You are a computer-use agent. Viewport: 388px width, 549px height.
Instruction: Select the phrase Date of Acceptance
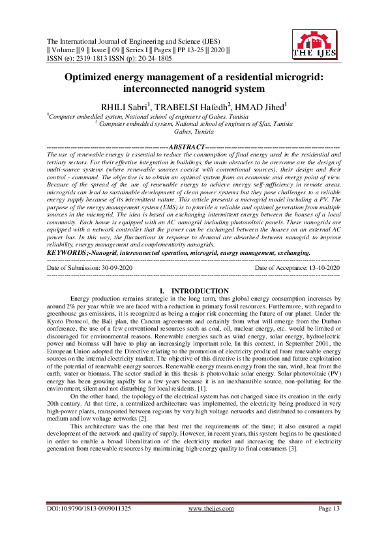(278, 268)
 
